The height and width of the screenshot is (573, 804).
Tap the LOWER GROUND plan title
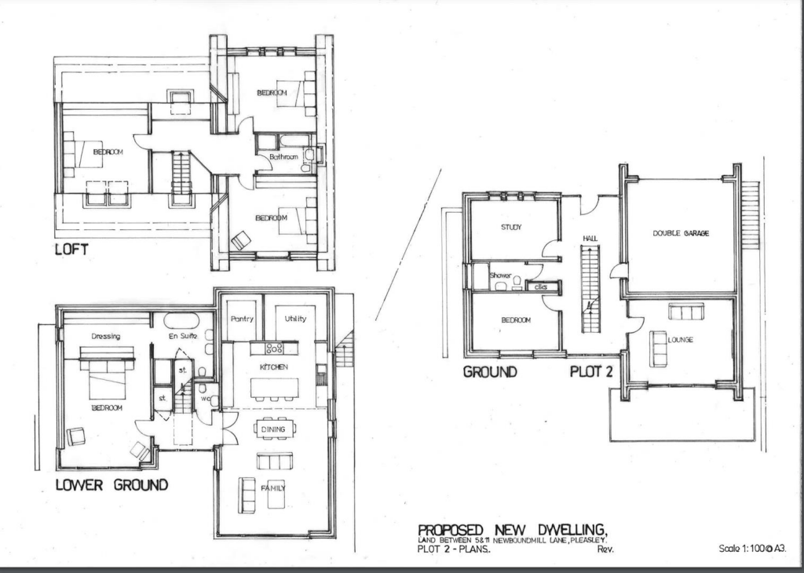111,484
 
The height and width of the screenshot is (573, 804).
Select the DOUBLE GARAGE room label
681,233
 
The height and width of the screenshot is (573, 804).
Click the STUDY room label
511,228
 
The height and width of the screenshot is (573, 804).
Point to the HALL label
590,237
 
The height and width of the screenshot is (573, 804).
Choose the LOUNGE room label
680,340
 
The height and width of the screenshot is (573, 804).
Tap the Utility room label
295,319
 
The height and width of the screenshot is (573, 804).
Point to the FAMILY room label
273,488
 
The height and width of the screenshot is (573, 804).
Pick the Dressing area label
105,336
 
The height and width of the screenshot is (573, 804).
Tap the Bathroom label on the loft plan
283,158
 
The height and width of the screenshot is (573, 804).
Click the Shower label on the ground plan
500,276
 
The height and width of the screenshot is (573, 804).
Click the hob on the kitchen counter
274,348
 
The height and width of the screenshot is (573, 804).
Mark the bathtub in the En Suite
181,321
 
